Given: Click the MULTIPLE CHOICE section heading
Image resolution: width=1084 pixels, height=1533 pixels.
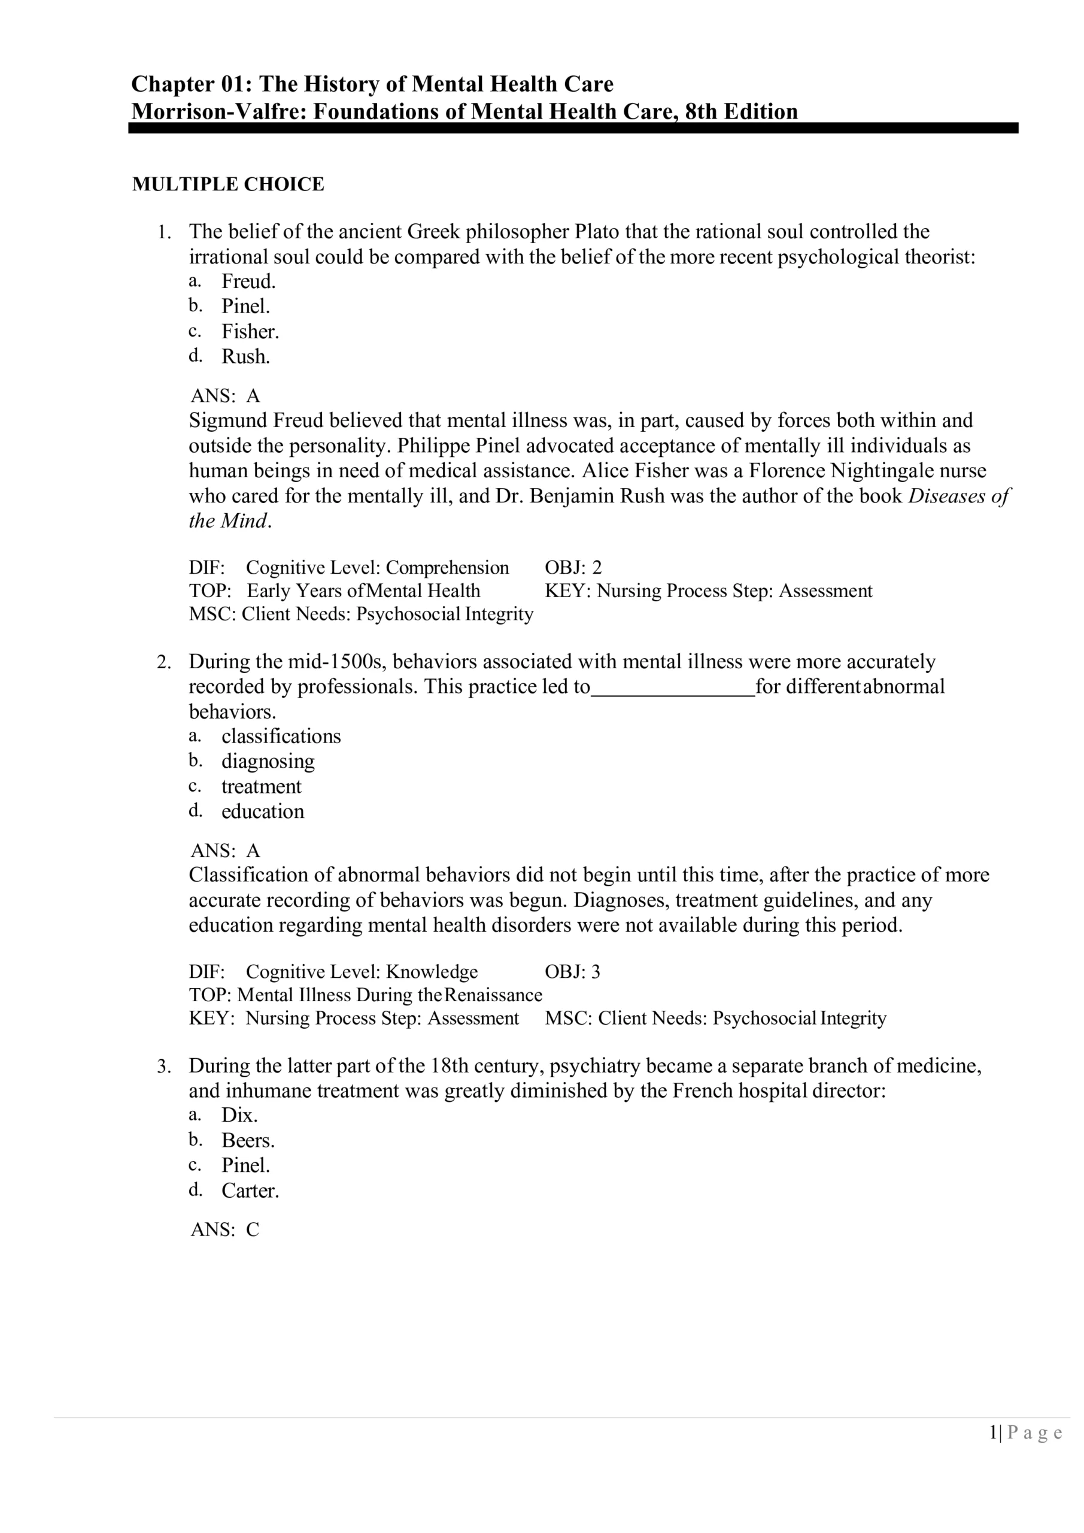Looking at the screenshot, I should [227, 184].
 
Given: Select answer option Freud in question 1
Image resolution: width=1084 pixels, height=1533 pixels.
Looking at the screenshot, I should [248, 281].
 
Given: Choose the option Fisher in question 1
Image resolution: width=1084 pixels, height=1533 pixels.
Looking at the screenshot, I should [250, 331].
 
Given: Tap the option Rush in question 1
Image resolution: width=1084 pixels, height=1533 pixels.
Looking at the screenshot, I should [245, 356].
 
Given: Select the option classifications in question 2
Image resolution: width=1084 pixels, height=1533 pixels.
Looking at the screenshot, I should [281, 736].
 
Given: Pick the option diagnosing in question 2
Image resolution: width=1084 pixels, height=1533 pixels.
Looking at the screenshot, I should [268, 761].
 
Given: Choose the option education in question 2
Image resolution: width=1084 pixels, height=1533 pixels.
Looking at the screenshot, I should [262, 811].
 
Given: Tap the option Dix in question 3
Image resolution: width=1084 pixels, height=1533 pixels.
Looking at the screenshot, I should [239, 1115].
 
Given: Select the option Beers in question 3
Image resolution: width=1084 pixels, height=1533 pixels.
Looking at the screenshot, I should [248, 1140].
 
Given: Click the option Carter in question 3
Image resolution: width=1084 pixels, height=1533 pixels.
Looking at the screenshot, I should [250, 1190].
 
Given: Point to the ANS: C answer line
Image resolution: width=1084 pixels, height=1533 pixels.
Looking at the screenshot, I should [225, 1230].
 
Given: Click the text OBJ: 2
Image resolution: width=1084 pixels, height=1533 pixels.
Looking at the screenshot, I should [573, 568].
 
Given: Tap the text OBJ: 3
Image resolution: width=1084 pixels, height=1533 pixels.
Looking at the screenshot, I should [572, 971].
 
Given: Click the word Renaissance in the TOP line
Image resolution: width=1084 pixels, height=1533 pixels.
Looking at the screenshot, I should [493, 995].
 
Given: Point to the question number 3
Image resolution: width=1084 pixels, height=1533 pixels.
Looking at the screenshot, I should [163, 1067].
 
